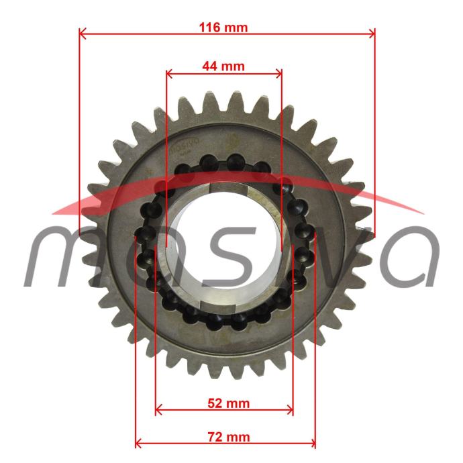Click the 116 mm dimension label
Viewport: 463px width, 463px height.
point(223,28)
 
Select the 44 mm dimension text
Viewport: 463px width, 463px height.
point(223,66)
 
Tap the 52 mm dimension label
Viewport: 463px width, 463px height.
point(229,403)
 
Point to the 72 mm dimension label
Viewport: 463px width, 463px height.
point(229,437)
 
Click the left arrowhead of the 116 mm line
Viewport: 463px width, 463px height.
point(83,34)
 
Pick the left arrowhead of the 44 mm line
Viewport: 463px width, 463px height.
point(169,74)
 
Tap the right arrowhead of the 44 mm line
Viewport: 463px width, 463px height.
point(278,74)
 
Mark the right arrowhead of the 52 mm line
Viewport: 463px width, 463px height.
point(290,410)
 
